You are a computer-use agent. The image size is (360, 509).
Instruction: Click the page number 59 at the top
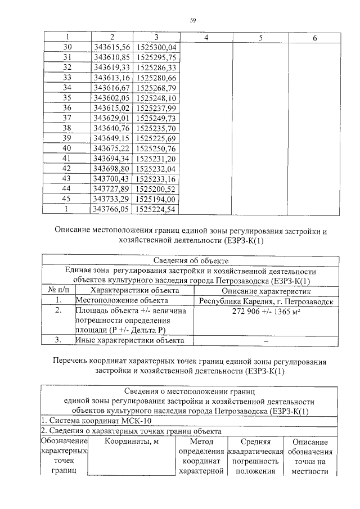193,21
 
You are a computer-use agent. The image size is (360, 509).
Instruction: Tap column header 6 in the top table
314,38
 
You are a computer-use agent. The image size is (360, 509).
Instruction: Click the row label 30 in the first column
67,47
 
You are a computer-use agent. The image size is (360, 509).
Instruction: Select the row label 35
67,97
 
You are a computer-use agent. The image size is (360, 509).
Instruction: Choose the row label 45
67,199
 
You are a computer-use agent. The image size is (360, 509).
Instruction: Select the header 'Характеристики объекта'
134,291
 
